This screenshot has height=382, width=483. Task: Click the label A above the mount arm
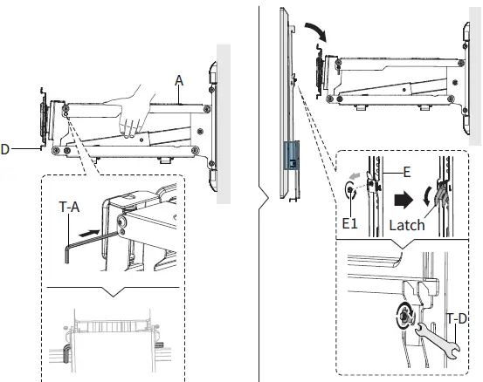click(178, 78)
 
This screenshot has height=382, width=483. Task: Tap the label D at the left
click(5, 150)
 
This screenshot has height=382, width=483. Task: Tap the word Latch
click(407, 225)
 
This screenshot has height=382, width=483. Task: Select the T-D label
click(456, 319)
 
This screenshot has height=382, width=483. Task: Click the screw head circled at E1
click(354, 197)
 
